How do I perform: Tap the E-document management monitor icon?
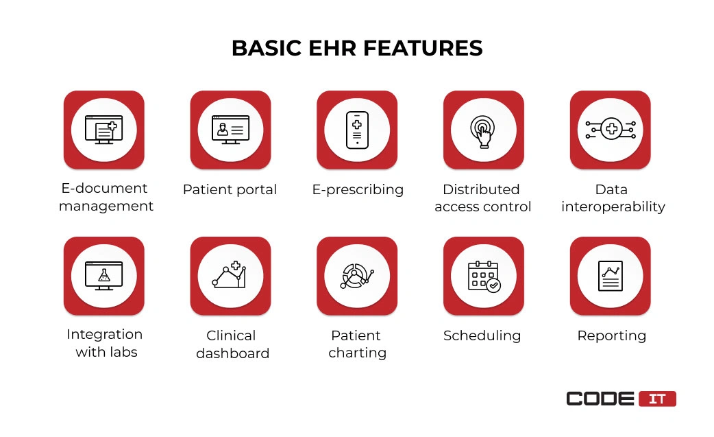104,130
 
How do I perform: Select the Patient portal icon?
230,130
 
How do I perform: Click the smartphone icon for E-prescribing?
357,130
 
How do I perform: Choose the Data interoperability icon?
610,130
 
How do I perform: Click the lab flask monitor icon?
104,276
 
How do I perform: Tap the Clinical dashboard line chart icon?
230,275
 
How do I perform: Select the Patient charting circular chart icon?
357,276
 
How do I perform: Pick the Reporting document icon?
610,276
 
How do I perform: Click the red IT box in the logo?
657,399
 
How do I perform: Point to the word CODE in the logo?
600,399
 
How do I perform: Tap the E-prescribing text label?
358,189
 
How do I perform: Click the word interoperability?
613,207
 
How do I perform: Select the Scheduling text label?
482,336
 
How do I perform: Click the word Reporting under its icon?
611,336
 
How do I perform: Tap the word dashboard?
233,353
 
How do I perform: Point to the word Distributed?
481,189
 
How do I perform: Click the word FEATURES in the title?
423,48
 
